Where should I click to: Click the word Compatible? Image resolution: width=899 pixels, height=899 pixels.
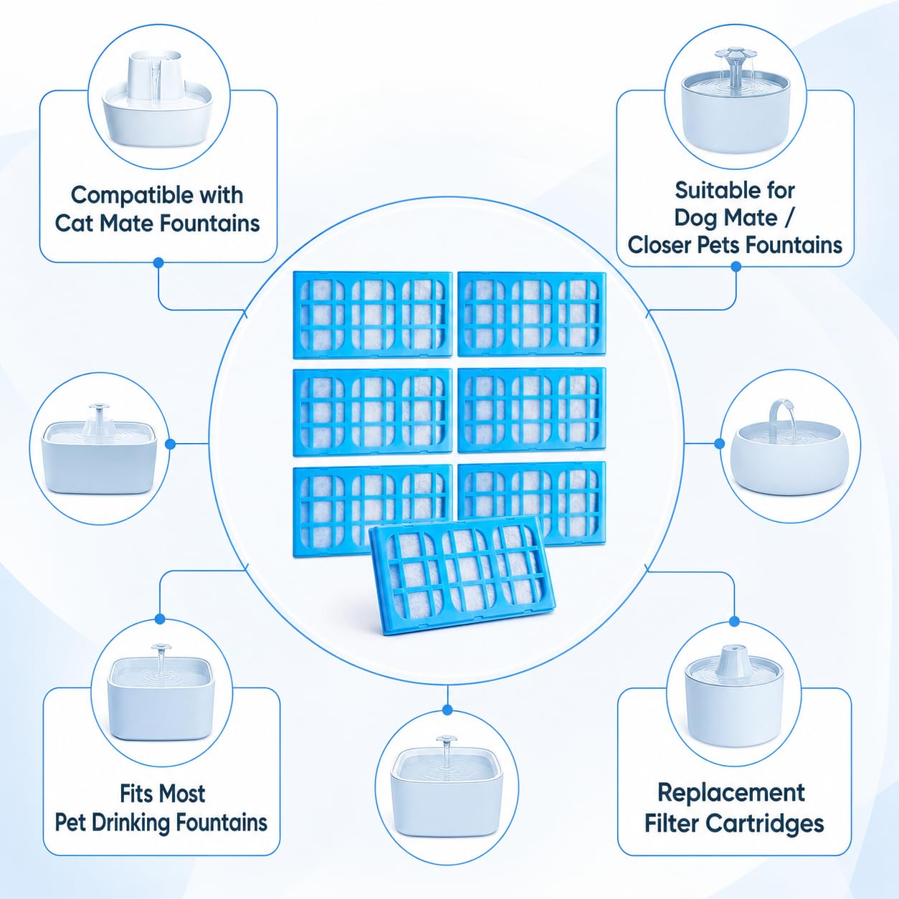tap(125, 196)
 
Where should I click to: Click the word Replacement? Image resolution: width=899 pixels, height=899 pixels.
tap(731, 793)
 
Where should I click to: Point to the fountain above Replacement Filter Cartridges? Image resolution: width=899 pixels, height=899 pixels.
tap(734, 695)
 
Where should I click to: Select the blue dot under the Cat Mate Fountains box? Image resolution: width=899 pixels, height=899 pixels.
tap(158, 262)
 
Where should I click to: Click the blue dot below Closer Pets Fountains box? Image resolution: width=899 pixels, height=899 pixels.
tap(736, 267)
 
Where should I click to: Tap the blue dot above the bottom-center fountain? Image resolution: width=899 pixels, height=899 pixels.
tap(447, 710)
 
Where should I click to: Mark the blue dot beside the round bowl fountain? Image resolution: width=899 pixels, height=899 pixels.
tap(720, 444)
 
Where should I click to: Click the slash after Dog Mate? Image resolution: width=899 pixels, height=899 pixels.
tap(789, 219)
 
